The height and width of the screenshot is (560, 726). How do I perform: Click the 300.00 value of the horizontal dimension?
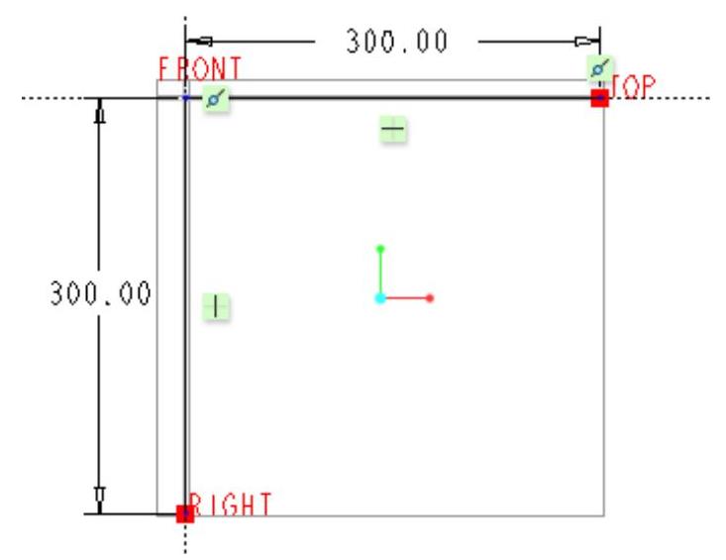(x=395, y=41)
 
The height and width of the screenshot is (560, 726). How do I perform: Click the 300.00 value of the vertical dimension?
(x=99, y=294)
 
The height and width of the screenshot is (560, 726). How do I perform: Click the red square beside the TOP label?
(x=598, y=98)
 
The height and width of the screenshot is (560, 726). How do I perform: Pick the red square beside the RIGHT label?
(x=183, y=513)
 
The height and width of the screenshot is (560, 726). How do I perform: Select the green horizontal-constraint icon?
(x=394, y=129)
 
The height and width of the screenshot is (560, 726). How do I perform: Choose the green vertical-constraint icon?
(x=216, y=306)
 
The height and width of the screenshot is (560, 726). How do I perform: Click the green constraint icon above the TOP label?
(x=598, y=68)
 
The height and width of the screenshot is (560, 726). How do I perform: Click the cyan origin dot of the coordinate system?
(x=380, y=297)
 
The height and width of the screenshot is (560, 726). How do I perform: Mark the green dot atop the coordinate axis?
(x=380, y=249)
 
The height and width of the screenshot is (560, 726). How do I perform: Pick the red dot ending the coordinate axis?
(x=431, y=297)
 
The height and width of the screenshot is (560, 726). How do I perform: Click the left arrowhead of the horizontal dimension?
(x=197, y=41)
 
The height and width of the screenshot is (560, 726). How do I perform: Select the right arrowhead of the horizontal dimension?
(x=588, y=41)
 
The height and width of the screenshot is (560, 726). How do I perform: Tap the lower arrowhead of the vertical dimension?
(x=98, y=498)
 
